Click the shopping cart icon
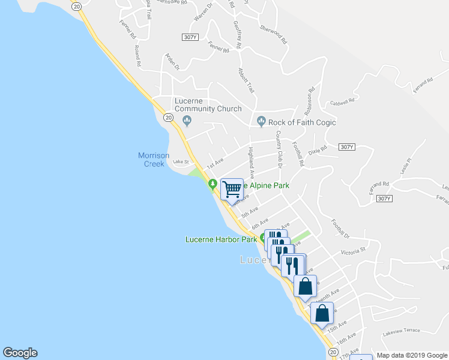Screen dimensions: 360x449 point(232,190)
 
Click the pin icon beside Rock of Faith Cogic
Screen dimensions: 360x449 point(261,122)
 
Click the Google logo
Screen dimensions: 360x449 point(20,353)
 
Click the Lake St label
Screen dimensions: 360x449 point(181,161)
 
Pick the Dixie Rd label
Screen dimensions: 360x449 point(318,149)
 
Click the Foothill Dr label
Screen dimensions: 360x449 point(339,227)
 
